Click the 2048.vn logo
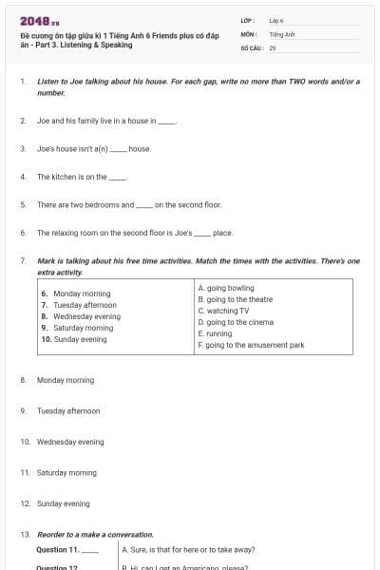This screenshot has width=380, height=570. click(40, 21)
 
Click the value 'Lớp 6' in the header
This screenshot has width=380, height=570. click(277, 20)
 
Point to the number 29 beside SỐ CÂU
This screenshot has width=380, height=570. click(273, 47)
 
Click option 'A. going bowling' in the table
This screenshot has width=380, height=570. click(226, 288)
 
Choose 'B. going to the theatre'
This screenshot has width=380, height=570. click(236, 299)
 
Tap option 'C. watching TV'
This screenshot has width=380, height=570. click(223, 311)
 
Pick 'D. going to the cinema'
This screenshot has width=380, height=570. click(236, 322)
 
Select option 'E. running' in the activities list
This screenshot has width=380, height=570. click(215, 333)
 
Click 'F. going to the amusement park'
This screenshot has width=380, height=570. click(251, 345)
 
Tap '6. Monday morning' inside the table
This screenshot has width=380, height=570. click(76, 294)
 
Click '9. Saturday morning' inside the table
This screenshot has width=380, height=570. click(77, 328)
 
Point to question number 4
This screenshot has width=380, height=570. click(22, 177)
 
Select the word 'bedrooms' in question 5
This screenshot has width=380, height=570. click(116, 204)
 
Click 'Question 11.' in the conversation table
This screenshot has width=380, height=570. click(58, 549)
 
